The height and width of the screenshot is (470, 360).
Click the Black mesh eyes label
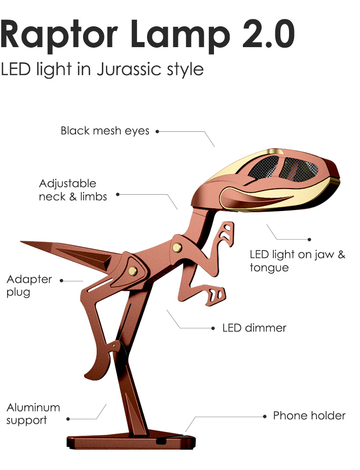click(105, 131)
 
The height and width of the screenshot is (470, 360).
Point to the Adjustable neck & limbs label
click(73, 190)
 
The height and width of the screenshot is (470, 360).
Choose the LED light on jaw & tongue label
click(297, 261)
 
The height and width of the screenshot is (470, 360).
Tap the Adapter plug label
click(29, 285)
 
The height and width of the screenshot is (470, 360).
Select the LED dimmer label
click(254, 328)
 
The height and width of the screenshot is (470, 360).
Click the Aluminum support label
click(33, 414)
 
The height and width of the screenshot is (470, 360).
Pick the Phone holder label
click(309, 416)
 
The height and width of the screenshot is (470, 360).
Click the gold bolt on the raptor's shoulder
click(177, 247)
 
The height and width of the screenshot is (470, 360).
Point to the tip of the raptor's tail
click(23, 242)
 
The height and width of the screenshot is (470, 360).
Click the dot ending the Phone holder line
click(265, 416)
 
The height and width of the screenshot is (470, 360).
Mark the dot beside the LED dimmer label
click(213, 329)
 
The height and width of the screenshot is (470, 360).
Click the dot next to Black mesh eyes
click(157, 131)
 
